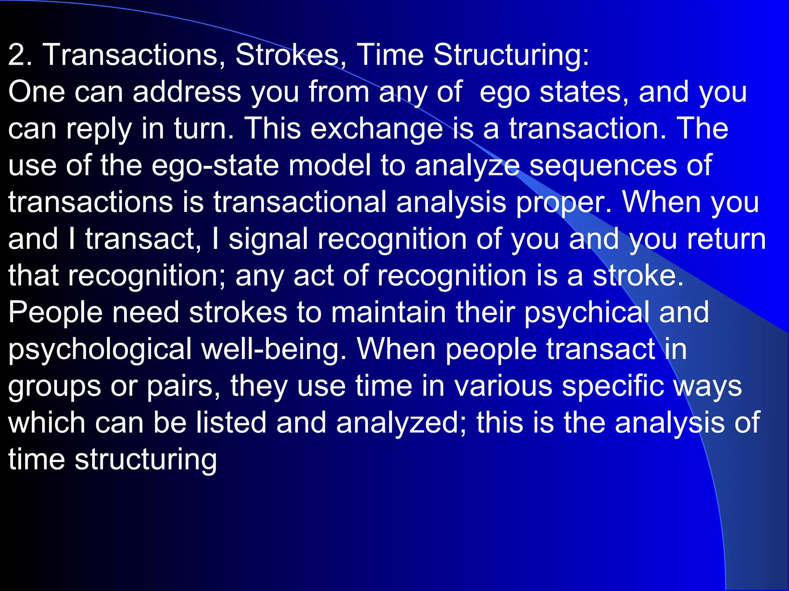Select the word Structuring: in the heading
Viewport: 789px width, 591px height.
point(511,55)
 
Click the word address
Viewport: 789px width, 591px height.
point(187,92)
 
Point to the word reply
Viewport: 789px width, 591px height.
point(99,129)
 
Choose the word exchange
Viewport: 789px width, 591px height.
point(377,129)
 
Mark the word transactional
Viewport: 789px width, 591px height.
point(300,202)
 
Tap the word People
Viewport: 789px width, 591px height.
point(55,312)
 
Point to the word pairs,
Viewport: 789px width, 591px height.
point(183,386)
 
